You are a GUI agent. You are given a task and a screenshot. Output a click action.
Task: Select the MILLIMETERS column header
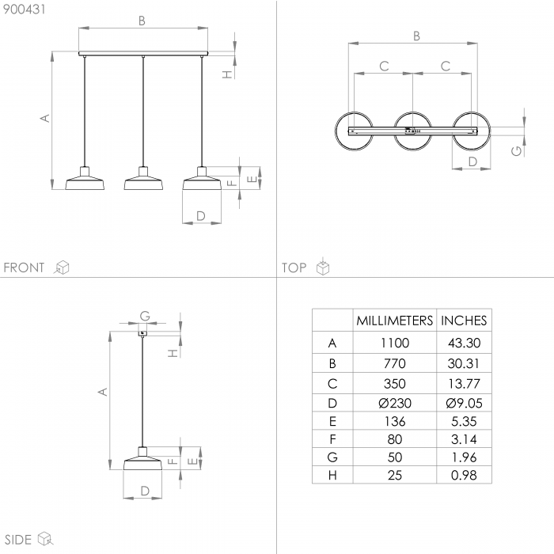394,321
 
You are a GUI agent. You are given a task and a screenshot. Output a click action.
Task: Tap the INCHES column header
464,321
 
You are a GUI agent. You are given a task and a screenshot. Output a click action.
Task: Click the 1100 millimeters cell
394,343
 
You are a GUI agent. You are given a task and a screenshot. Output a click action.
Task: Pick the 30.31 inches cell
464,364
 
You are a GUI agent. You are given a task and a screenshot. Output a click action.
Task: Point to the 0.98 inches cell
464,475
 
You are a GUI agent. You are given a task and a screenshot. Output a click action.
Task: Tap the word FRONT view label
25,268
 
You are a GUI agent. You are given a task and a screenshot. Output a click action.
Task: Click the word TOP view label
294,268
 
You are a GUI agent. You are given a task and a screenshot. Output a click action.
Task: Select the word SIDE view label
17,540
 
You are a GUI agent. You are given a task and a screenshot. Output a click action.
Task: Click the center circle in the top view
412,130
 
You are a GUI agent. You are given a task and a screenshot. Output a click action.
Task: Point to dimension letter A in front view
45,118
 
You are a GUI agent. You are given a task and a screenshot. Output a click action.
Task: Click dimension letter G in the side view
145,316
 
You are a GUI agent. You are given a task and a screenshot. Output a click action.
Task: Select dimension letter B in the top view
416,36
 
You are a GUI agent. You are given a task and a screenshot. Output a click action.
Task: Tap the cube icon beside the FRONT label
61,268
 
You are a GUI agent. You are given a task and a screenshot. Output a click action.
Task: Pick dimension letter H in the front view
227,74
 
